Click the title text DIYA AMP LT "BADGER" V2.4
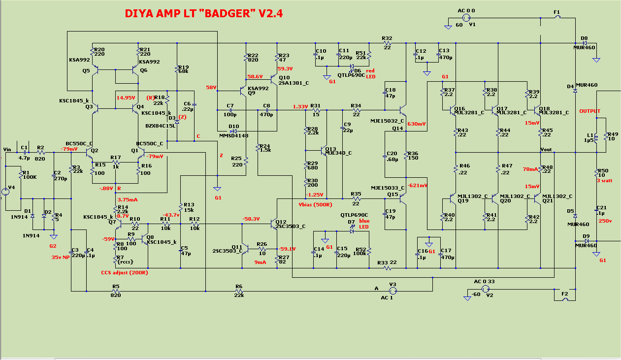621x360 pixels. click(x=203, y=13)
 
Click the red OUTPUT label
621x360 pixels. click(x=590, y=111)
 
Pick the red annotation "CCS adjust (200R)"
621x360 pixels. click(x=125, y=272)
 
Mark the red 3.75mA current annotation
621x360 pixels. click(x=128, y=199)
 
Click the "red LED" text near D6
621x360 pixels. click(x=369, y=73)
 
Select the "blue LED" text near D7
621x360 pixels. click(x=363, y=224)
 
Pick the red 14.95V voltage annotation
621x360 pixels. click(x=126, y=98)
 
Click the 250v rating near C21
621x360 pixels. click(x=605, y=221)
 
